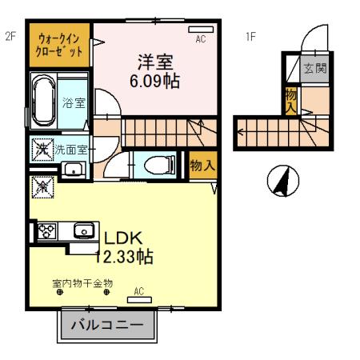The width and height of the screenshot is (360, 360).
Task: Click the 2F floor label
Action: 10,35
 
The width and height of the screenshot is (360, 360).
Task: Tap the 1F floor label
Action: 250,36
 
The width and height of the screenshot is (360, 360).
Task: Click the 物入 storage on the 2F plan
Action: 202,166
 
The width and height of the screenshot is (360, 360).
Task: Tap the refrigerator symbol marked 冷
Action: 42,187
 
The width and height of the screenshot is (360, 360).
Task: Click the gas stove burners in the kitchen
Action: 46,232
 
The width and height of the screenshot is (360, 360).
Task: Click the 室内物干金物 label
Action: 82,283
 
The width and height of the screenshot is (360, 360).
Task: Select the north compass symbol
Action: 280,182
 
